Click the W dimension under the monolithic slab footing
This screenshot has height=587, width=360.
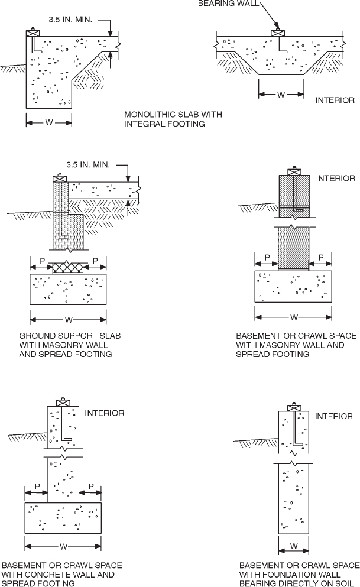click(48, 123)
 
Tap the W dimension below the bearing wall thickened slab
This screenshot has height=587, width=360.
click(281, 93)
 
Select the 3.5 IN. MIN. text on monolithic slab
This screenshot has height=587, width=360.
click(71, 20)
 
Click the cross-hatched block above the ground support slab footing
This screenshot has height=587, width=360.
click(69, 268)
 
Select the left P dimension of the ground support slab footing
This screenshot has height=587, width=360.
click(41, 260)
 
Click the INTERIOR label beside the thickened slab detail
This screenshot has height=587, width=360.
click(335, 100)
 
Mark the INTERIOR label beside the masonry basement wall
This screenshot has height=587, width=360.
click(336, 178)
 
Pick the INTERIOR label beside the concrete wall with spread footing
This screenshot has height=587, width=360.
click(105, 413)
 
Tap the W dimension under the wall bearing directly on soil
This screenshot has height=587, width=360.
click(293, 545)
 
